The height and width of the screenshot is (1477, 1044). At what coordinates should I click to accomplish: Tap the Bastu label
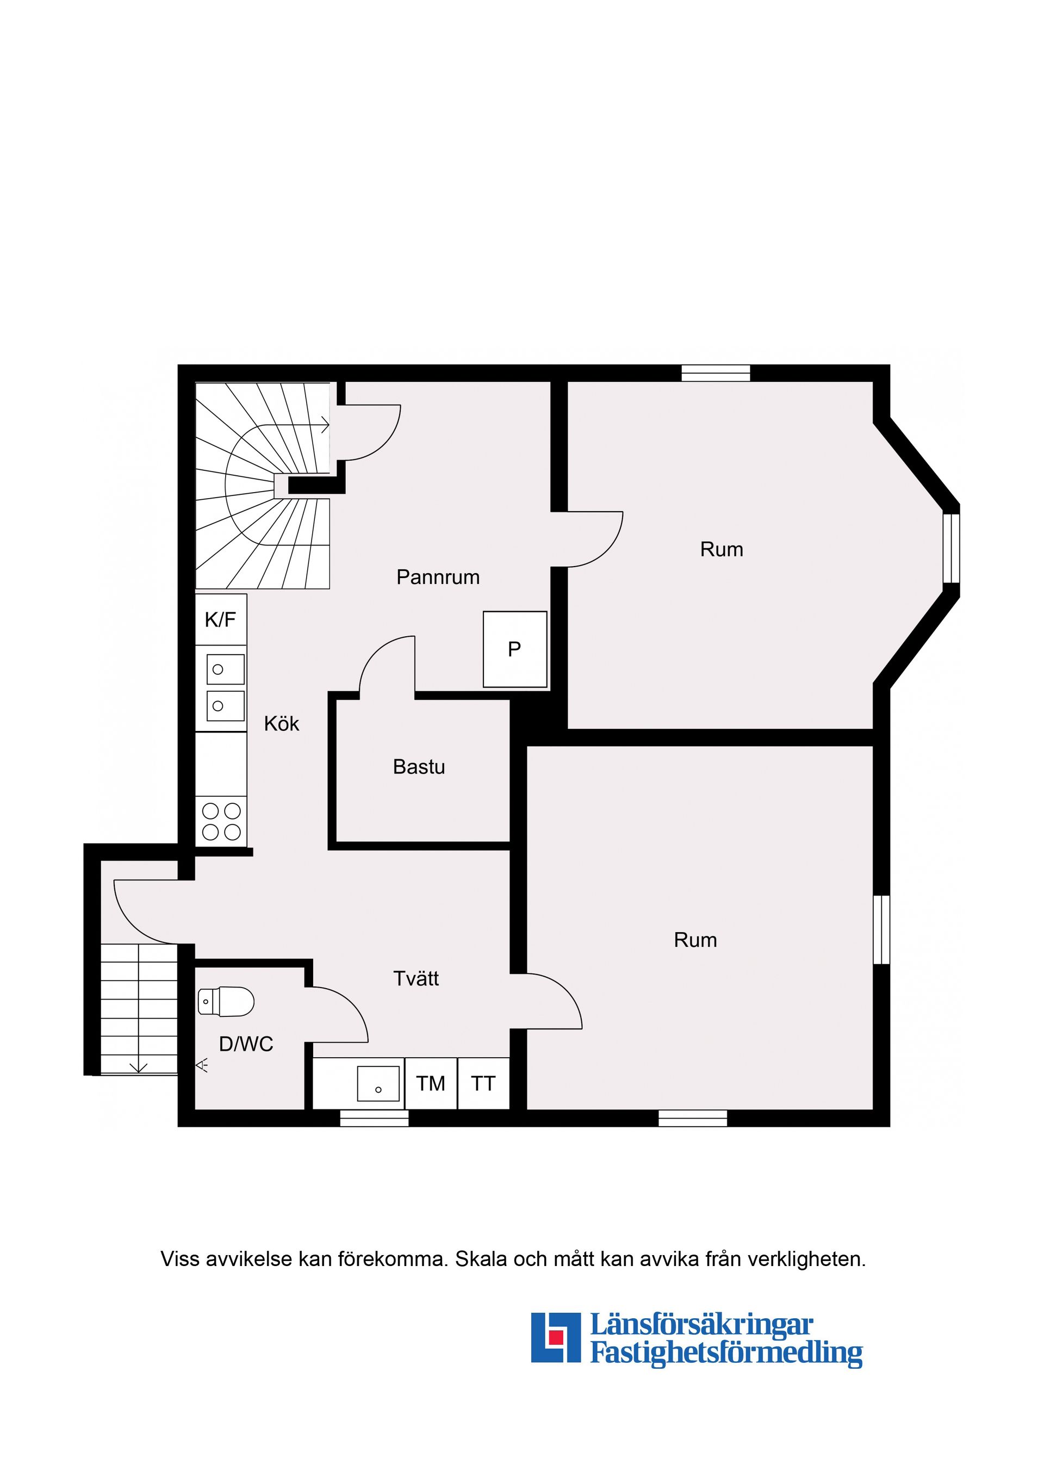(x=419, y=767)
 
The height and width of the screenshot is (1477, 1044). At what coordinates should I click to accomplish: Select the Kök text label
(x=282, y=724)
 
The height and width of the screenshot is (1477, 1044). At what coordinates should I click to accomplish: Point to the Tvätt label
(x=415, y=978)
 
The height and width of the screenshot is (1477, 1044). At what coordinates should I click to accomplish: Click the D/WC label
(x=246, y=1044)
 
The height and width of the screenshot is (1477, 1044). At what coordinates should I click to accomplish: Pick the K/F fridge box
(x=221, y=619)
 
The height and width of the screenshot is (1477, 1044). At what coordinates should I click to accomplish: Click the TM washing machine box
(x=430, y=1084)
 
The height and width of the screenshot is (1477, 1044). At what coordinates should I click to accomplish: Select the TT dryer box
(x=483, y=1084)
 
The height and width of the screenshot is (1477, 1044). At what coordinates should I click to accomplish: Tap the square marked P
(x=514, y=649)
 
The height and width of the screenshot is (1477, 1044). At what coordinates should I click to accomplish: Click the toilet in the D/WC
(x=226, y=1002)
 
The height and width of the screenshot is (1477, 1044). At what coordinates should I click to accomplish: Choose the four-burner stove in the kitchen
(x=221, y=822)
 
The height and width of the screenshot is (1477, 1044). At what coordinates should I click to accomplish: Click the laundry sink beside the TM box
(x=378, y=1084)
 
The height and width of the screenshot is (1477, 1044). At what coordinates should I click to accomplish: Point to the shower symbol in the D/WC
(x=203, y=1065)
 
